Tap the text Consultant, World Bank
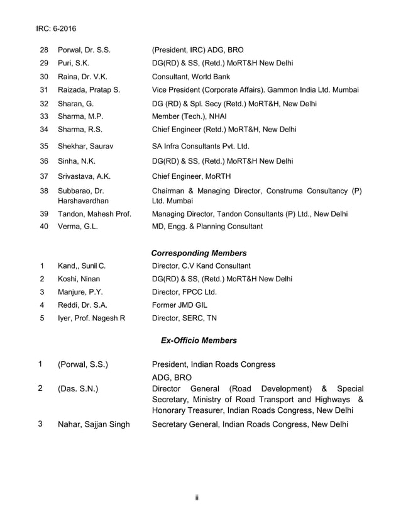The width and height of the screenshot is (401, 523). tap(191, 77)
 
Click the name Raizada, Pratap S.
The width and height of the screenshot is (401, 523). tap(89, 90)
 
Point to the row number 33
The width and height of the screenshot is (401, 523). tap(44, 116)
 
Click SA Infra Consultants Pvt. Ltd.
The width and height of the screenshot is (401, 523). tap(201, 146)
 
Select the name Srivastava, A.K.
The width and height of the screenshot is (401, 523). tap(84, 176)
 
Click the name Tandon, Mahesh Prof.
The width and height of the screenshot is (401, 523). tap(94, 214)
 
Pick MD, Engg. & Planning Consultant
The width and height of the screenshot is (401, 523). tap(207, 227)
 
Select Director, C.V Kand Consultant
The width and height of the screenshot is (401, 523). tap(201, 266)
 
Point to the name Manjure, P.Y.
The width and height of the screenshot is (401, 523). tap(80, 292)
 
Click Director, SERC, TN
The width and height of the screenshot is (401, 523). tap(185, 318)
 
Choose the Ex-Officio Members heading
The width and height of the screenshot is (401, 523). tap(199, 340)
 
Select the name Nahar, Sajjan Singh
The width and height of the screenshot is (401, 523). tap(94, 424)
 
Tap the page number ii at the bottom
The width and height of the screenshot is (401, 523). tap(197, 498)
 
